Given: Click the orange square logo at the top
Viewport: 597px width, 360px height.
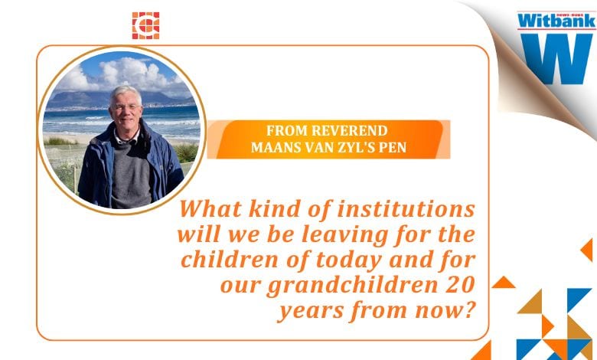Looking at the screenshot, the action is tap(146, 25).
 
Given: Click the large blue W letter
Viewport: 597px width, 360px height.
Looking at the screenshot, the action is tap(556, 59).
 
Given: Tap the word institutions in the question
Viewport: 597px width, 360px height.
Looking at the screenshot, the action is tap(406, 209).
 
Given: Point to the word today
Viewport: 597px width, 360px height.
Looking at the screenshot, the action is tap(349, 261).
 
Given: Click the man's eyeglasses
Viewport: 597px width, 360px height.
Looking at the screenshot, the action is tap(126, 108).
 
